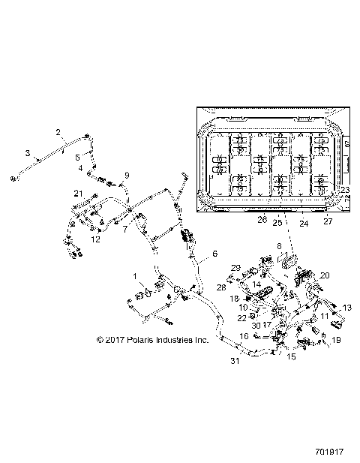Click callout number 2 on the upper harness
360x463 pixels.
pyautogui.click(x=58, y=132)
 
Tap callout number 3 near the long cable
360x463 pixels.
pyautogui.click(x=28, y=153)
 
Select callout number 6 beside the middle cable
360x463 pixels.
pyautogui.click(x=214, y=254)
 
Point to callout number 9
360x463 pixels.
pyautogui.click(x=127, y=175)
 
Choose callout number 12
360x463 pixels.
pyautogui.click(x=95, y=239)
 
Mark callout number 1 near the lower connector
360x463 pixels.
pyautogui.click(x=135, y=277)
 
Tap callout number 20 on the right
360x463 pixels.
pyautogui.click(x=324, y=275)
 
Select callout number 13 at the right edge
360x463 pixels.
pyautogui.click(x=346, y=308)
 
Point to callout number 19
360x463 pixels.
pyautogui.click(x=335, y=340)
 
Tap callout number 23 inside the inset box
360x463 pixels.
pyautogui.click(x=344, y=190)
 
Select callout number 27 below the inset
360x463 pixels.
pyautogui.click(x=327, y=221)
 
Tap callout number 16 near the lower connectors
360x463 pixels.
pyautogui.click(x=244, y=336)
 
